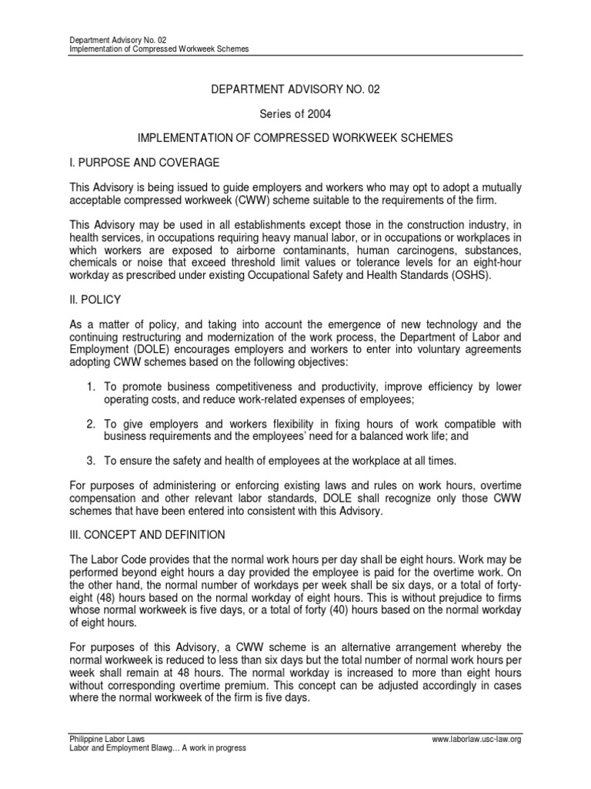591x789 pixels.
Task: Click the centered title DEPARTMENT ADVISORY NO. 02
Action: [295, 89]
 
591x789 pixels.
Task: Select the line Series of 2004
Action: [295, 113]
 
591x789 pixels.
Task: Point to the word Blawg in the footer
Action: [153, 748]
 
